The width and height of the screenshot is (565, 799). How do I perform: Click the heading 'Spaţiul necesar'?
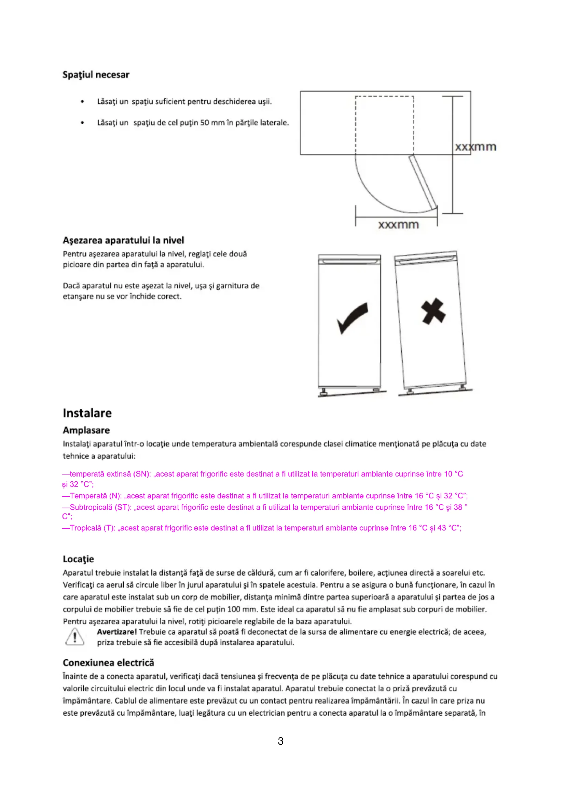96,75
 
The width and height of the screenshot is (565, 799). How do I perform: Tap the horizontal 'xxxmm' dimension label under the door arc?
398,225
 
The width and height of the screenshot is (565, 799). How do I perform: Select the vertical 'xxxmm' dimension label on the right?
475,147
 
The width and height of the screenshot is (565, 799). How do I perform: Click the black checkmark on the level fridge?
352,318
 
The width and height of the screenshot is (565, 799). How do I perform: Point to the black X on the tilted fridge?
433,311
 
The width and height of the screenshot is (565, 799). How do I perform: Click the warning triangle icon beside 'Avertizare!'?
74,637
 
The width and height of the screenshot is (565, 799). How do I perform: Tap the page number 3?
280,741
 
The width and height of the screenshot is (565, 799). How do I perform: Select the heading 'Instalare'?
87,413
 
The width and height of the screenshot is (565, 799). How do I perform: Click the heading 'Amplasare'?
86,430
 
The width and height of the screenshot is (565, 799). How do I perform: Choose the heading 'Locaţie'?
78,559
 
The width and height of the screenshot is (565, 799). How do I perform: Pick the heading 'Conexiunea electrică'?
108,663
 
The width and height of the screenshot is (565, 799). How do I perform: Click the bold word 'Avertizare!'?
117,632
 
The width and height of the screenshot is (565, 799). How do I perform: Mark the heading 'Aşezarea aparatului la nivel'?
124,240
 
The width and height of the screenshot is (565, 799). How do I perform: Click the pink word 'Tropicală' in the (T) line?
86,528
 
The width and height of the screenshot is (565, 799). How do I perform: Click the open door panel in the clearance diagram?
423,182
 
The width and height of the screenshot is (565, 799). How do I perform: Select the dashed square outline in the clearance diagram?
384,97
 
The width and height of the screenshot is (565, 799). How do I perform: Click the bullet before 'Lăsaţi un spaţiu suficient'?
82,101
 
